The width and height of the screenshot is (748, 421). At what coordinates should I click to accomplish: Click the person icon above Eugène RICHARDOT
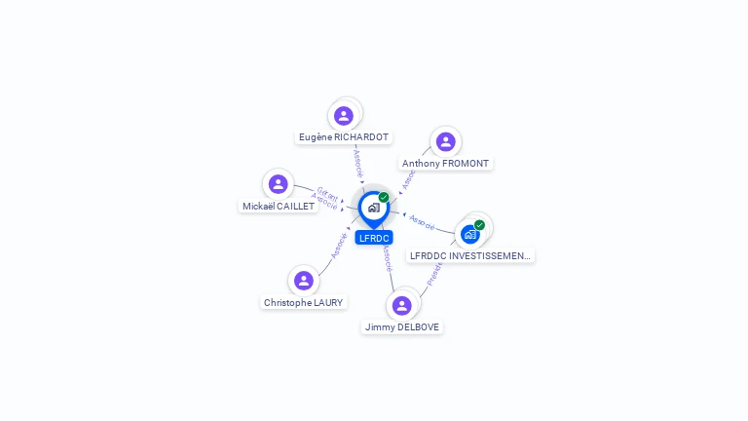343,116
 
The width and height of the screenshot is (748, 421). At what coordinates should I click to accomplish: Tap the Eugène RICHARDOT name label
344,137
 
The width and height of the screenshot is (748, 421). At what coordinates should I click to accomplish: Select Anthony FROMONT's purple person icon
445,142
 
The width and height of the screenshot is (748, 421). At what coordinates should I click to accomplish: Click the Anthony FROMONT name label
446,164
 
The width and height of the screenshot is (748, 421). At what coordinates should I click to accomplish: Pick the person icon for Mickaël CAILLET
279,184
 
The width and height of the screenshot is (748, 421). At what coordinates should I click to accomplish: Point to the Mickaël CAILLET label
279,207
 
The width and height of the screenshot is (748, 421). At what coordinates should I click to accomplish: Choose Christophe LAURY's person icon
304,281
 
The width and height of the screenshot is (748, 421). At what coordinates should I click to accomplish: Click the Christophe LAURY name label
304,303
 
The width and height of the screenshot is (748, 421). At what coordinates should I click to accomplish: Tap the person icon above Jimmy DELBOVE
401,306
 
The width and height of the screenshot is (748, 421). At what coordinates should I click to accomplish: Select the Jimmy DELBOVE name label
402,327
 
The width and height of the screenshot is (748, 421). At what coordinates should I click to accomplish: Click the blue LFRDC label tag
374,238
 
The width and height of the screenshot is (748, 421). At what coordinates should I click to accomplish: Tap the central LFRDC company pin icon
373,208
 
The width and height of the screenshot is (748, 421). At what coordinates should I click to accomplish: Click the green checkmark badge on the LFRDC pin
384,198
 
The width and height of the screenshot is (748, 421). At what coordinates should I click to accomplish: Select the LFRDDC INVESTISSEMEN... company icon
470,234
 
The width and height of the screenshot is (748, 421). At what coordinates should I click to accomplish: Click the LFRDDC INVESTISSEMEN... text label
471,256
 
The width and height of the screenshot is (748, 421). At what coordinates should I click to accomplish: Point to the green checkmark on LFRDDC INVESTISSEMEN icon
479,225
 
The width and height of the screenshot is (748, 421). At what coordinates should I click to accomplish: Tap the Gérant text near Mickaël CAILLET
328,194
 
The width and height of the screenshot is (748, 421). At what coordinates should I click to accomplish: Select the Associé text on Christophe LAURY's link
339,244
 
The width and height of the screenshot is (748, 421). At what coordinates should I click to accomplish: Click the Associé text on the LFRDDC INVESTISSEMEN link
423,222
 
